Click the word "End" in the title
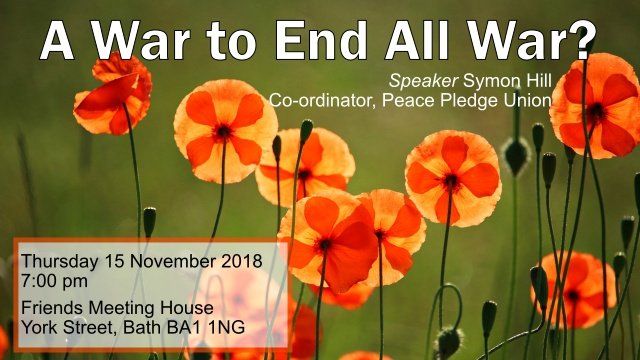[321, 41]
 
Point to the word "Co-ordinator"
[322, 101]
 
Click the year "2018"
[242, 261]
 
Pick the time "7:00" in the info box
[38, 281]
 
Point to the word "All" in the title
[416, 41]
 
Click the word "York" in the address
[40, 327]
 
